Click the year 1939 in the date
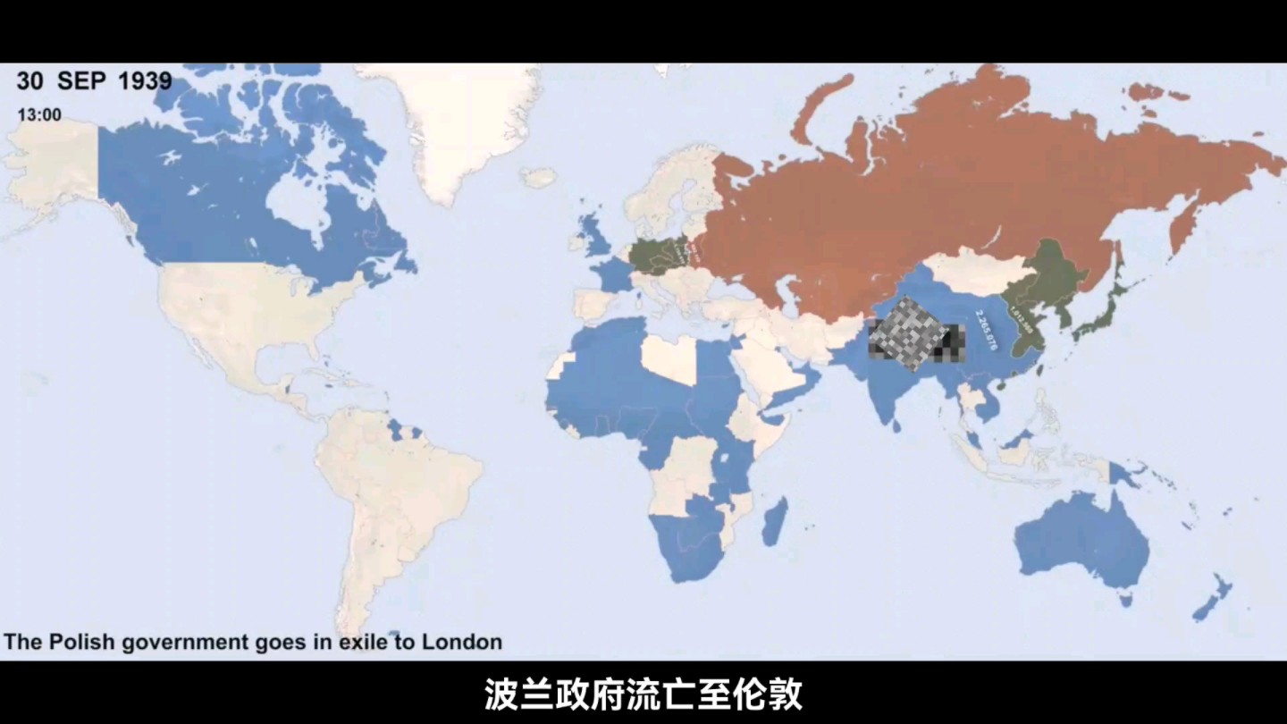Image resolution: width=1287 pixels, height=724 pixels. click(145, 80)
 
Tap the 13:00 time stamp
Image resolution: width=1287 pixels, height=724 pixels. click(39, 115)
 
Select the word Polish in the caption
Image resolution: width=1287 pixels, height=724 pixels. click(86, 642)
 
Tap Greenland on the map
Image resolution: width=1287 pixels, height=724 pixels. click(465, 125)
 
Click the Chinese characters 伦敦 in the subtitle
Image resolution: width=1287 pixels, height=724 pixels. click(772, 695)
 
